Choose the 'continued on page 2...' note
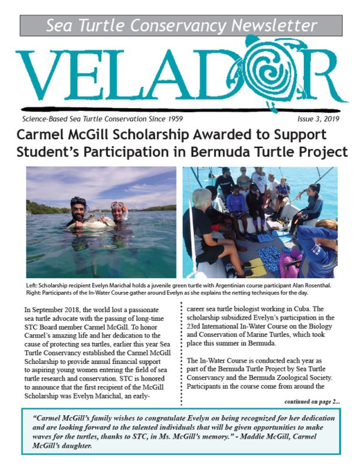[312, 401]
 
